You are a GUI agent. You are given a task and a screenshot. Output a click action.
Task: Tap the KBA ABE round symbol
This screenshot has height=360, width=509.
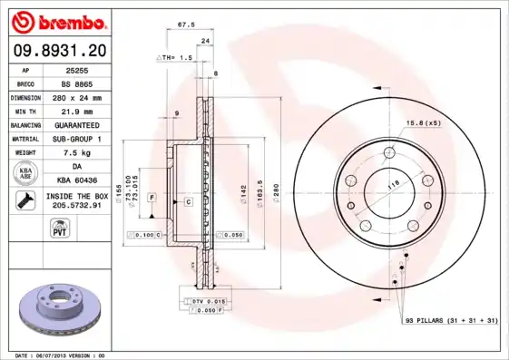pyautogui.click(x=24, y=173)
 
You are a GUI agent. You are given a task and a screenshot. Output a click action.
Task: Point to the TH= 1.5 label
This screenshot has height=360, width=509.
pyautogui.click(x=175, y=57)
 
